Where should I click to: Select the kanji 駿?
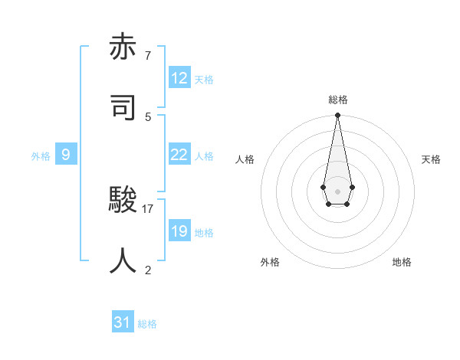123,201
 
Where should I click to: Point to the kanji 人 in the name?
123,260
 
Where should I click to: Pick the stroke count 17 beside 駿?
148,208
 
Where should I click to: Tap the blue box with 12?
179,78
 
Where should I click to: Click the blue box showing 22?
179,155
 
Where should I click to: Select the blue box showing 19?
179,231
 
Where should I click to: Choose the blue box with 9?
66,155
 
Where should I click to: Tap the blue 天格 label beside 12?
204,80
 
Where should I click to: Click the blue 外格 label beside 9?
41,156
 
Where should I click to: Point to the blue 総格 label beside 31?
147,324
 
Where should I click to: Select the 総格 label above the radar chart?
337,100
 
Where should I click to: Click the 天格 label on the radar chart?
431,159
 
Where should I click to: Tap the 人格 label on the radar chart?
245,159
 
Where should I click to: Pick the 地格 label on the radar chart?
402,262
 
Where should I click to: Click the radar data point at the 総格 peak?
337,116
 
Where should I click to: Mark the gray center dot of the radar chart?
337,190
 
